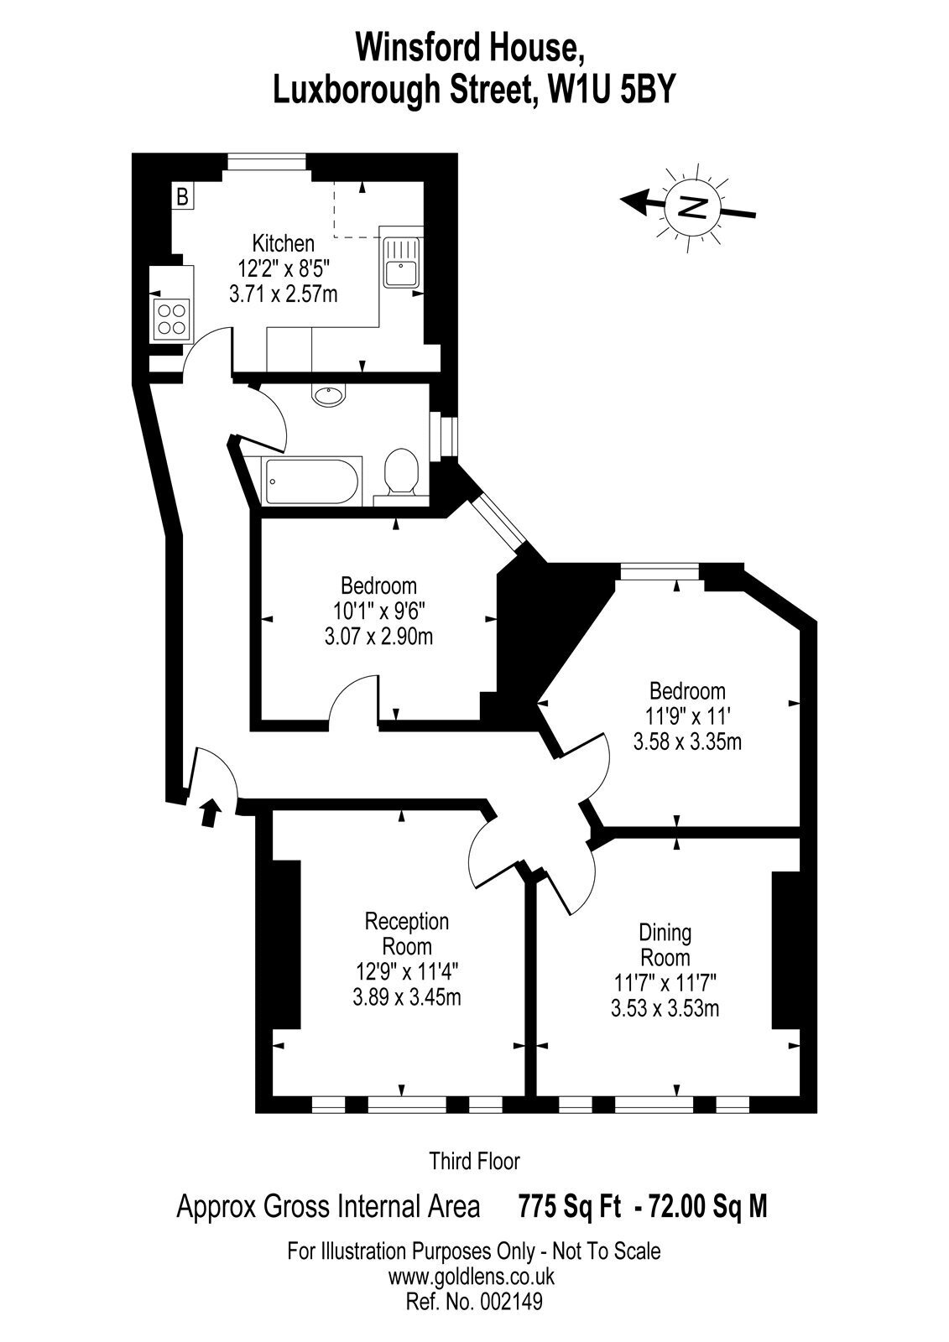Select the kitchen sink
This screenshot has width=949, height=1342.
[x=401, y=263]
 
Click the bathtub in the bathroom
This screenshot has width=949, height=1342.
[x=312, y=481]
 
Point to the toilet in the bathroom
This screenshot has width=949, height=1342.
[x=400, y=474]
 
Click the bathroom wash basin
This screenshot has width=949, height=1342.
[x=329, y=395]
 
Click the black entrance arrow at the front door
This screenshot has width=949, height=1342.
[x=211, y=813]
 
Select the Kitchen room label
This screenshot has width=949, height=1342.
[x=283, y=244]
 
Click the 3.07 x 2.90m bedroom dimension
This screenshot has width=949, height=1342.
[x=378, y=637]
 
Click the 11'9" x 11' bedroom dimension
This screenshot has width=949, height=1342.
[x=687, y=716]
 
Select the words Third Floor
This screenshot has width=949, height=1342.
[x=474, y=1162]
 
